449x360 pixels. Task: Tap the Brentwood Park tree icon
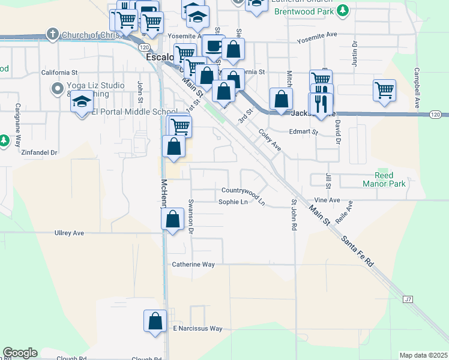(x=343, y=10)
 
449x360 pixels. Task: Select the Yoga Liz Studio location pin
(x=58, y=89)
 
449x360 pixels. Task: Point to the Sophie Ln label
(x=233, y=202)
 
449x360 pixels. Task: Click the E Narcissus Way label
(x=197, y=329)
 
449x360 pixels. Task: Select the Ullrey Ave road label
(x=69, y=232)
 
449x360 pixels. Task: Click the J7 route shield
(x=408, y=299)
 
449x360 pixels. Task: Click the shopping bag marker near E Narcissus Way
(x=155, y=320)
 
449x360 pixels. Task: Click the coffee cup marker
(x=213, y=46)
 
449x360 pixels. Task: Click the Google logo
(x=20, y=353)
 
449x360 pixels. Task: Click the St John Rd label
(x=294, y=215)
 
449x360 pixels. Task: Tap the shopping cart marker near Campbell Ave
(x=384, y=91)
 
